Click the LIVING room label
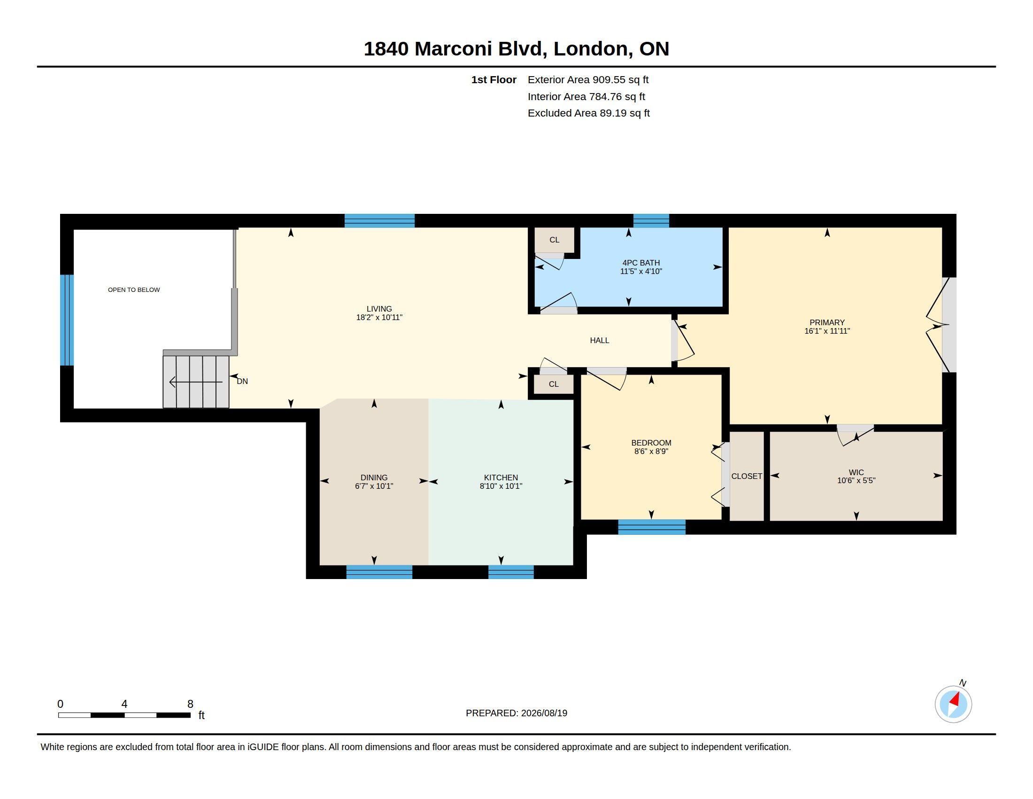click(379, 309)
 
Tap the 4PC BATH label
click(641, 263)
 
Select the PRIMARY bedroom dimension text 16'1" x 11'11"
click(827, 331)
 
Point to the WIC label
click(856, 472)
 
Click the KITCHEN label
click(501, 478)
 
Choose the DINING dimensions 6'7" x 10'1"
click(374, 486)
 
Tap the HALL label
click(599, 340)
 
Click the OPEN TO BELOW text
click(134, 290)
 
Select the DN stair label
click(242, 381)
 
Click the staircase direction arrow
click(196, 382)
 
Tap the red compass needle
click(955, 699)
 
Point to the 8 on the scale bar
click(190, 704)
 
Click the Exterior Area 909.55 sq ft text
click(588, 79)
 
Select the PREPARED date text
click(516, 713)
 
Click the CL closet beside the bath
click(555, 240)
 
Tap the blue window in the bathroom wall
click(651, 221)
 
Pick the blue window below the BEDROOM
click(651, 527)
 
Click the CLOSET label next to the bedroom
click(747, 476)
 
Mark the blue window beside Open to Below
click(67, 320)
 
